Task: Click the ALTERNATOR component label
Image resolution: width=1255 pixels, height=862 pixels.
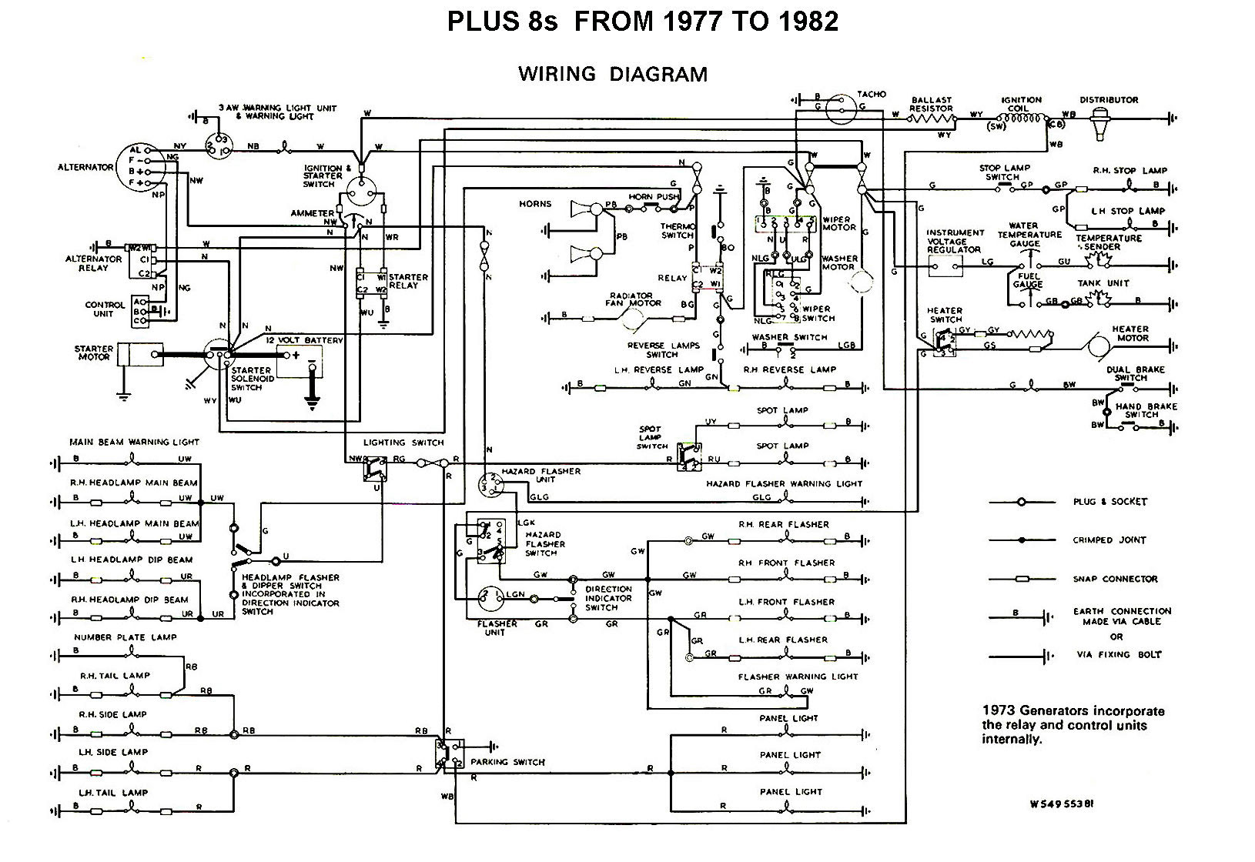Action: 85,167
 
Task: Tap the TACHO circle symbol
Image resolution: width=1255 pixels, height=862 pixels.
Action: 842,111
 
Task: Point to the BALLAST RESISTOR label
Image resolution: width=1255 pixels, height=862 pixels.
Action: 931,104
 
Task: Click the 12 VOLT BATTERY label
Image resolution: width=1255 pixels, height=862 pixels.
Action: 304,339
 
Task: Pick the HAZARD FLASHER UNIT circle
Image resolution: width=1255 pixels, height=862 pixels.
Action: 491,483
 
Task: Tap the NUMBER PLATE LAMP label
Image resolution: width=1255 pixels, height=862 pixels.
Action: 125,637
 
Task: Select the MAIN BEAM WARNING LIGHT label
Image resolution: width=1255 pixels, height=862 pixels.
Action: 134,443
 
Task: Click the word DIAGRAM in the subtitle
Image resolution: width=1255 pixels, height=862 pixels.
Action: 658,74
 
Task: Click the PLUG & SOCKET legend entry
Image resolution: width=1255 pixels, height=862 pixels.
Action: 1109,502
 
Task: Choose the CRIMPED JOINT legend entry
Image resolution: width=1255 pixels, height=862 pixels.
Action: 1109,540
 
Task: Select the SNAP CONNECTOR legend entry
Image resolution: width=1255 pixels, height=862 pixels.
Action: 1115,579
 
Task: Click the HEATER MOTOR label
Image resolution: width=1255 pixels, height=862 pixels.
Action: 1130,333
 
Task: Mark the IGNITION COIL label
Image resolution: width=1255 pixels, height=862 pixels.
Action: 1021,104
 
